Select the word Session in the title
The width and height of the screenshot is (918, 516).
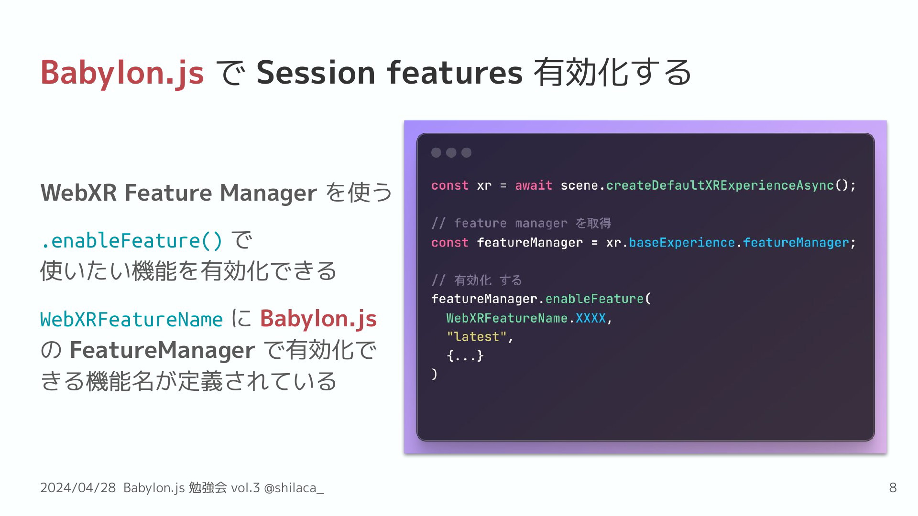coord(316,73)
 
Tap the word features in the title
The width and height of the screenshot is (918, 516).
coord(455,73)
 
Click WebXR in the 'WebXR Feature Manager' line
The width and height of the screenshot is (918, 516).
coord(79,193)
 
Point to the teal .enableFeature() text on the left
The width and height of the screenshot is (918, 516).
coord(132,241)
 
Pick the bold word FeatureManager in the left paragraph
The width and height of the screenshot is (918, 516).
coord(162,350)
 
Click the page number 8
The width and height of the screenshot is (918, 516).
coord(893,488)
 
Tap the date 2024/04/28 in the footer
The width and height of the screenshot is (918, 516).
coord(78,488)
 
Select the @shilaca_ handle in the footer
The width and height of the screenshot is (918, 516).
coord(294,488)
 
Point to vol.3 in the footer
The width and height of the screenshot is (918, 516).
coord(245,488)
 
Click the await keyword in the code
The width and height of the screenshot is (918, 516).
coord(534,185)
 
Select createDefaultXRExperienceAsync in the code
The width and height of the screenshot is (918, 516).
coord(720,186)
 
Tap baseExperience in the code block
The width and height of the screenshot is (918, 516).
coord(682,243)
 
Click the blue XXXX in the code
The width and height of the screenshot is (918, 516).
coord(591,318)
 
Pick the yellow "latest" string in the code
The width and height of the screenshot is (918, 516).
coord(476,337)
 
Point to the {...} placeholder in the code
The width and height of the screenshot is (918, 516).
coord(465,356)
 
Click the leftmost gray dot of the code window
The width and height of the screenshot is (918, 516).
coord(436,152)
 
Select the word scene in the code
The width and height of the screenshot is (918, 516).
coord(579,185)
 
